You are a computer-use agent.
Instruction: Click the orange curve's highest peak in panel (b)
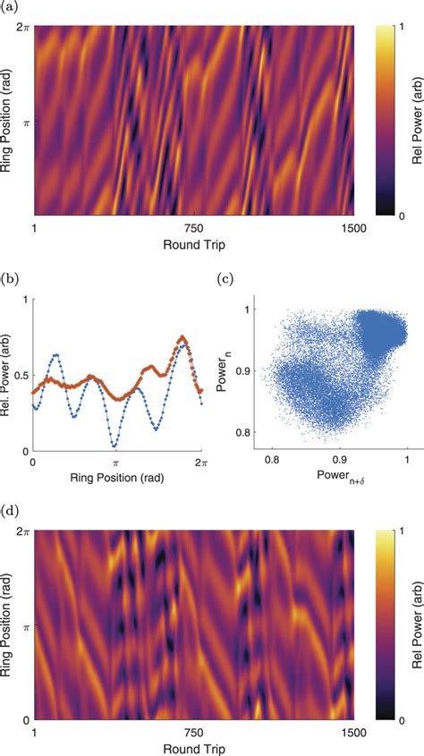pyautogui.click(x=182, y=337)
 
